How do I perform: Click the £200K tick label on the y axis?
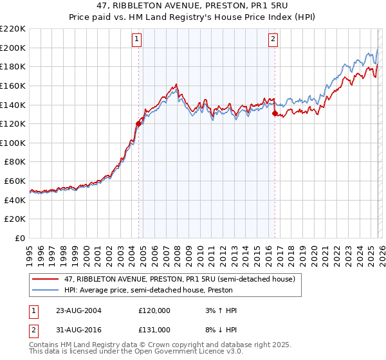pyautogui.click(x=13, y=48)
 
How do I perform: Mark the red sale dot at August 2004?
pyautogui.click(x=138, y=123)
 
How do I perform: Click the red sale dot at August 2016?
pyautogui.click(x=275, y=113)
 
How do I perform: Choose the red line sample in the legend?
pyautogui.click(x=45, y=279)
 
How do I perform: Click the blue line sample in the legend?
pyautogui.click(x=45, y=290)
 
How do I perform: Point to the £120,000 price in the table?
pyautogui.click(x=154, y=310)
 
